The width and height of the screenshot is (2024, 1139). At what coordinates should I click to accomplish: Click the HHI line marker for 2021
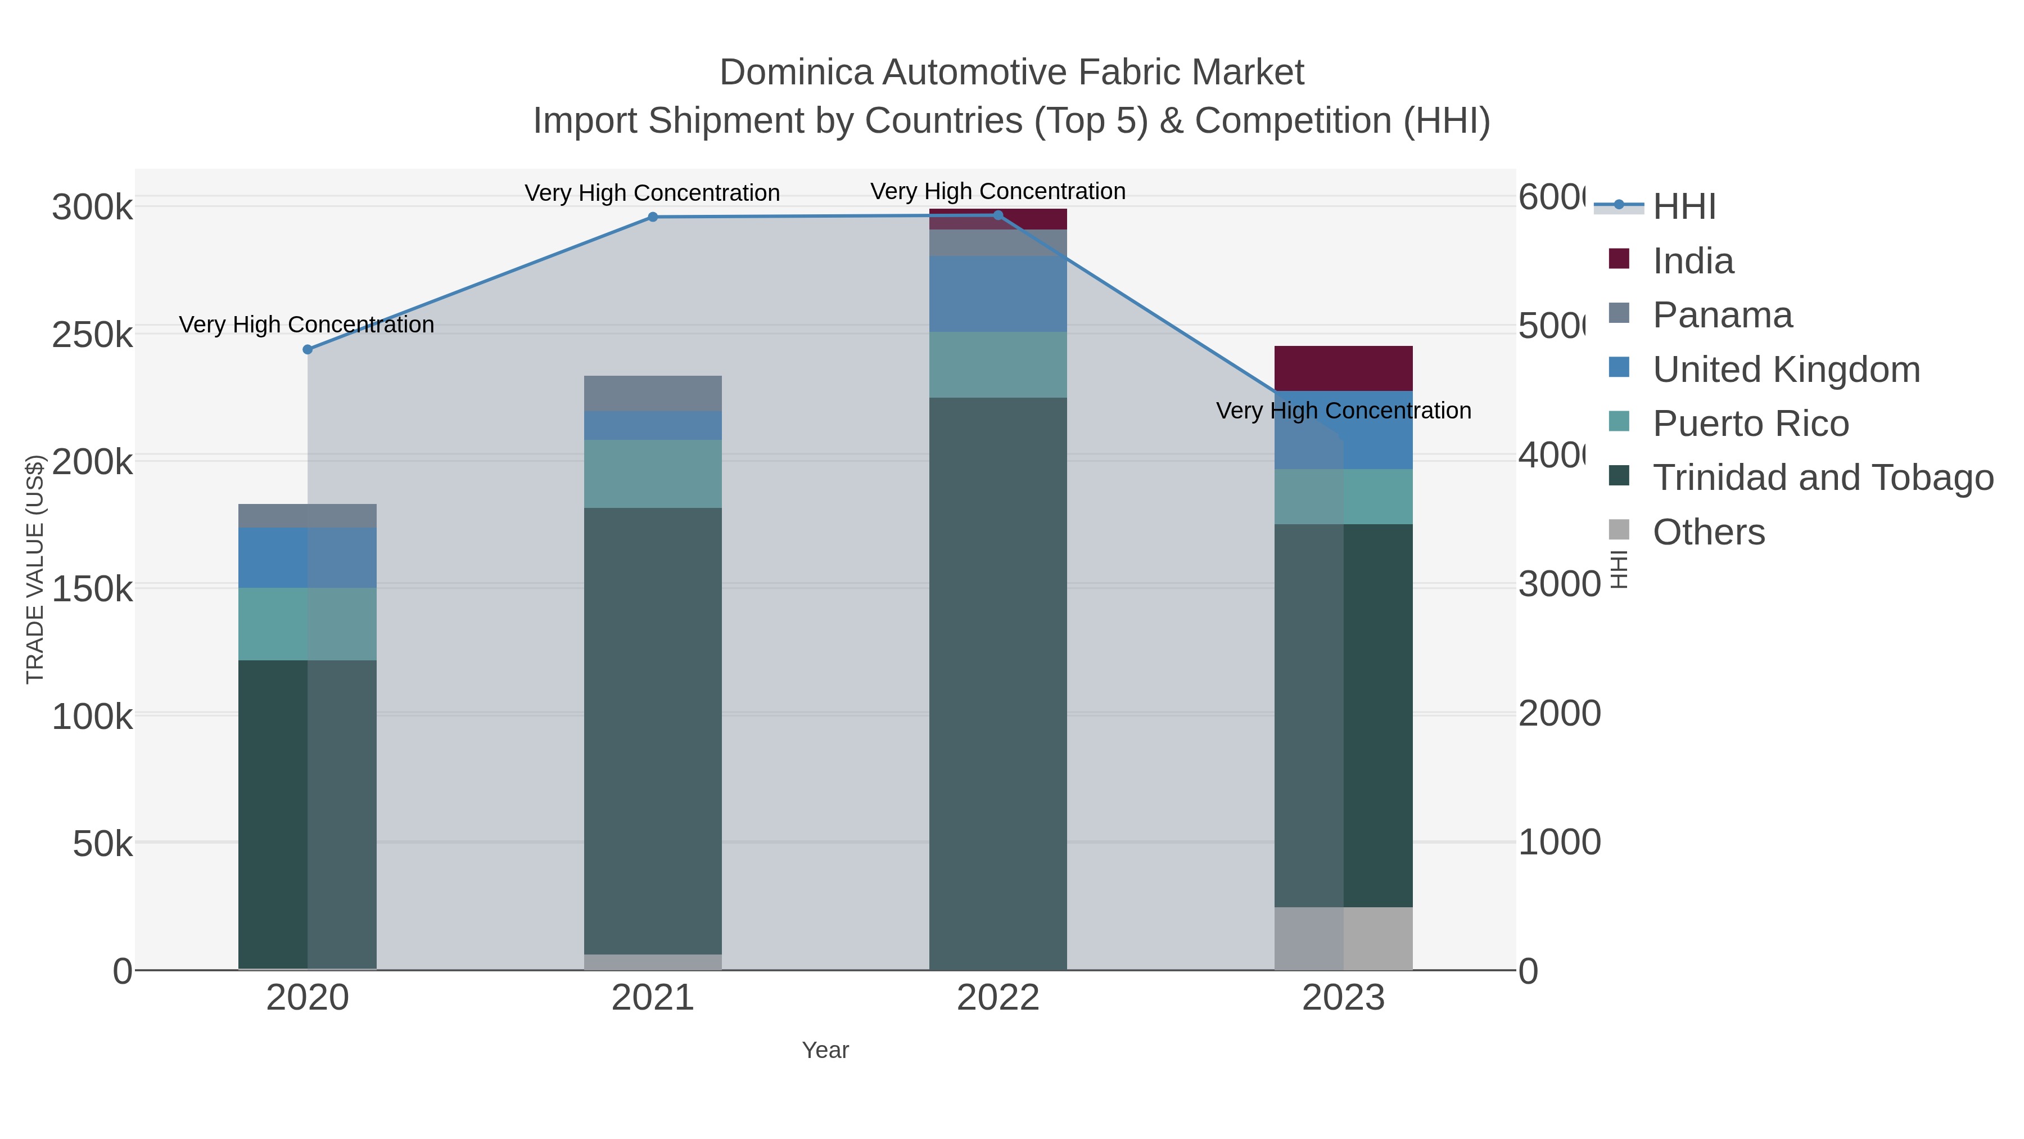(652, 217)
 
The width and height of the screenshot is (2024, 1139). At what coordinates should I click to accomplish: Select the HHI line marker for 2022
(998, 215)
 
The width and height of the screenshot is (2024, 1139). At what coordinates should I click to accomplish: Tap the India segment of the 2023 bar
(1343, 368)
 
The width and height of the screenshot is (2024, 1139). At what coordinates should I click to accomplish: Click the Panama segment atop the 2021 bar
(652, 393)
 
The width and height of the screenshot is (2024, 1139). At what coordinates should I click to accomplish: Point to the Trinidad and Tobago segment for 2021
(652, 731)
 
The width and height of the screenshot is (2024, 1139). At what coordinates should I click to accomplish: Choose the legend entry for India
(1692, 261)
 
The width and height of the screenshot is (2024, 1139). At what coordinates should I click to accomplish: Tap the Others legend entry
(1708, 532)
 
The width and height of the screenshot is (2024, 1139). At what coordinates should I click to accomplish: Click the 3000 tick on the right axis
(1559, 584)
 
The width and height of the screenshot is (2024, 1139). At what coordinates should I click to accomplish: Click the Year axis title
(825, 1050)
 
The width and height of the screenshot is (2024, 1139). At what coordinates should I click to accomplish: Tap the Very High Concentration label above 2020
(306, 325)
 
